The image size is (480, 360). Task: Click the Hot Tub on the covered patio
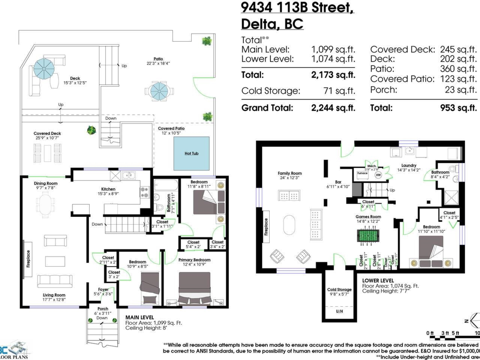191,153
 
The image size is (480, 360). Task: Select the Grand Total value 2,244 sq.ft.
333,108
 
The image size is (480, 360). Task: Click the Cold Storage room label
339,290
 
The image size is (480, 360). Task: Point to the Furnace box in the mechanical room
362,174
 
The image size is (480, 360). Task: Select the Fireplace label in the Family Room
266,227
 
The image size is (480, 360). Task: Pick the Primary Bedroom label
194,260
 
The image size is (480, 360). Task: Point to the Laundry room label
409,165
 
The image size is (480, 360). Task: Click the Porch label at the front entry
103,308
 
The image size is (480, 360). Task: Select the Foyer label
104,290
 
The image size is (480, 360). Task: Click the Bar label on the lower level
332,181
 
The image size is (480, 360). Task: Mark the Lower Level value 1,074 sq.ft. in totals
333,59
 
